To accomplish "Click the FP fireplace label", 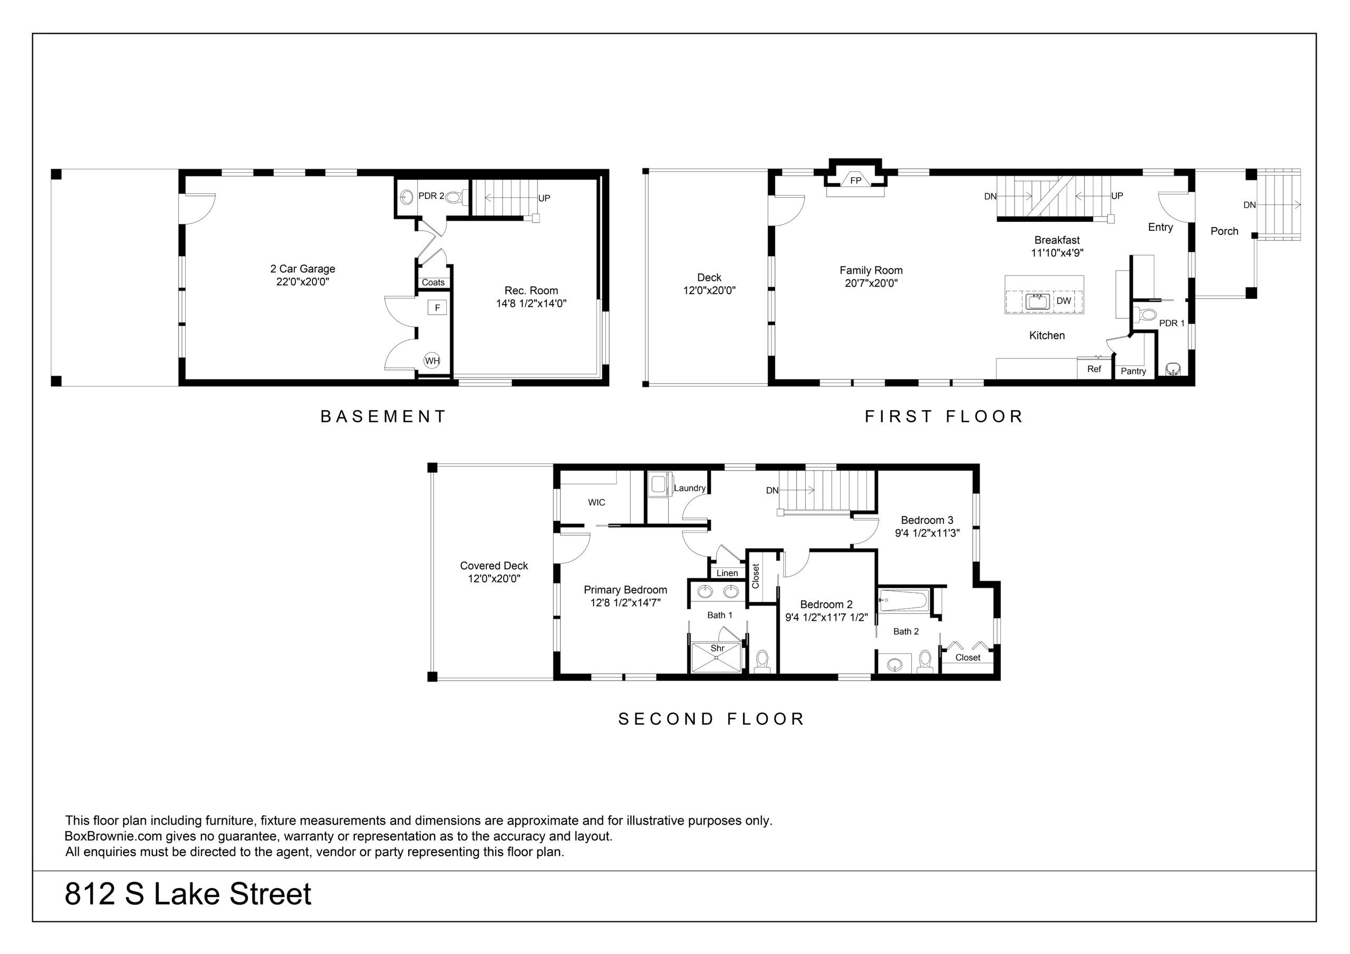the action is [855, 180].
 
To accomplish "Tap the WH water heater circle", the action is [432, 361].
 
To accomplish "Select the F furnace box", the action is [438, 307].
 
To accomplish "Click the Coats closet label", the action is [433, 283].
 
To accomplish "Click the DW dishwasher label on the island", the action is [1064, 301].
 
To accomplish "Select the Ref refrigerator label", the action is [1094, 369].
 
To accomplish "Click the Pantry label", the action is [1133, 371].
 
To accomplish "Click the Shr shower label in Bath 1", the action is [717, 648].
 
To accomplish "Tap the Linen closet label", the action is [727, 573].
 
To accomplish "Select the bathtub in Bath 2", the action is [903, 600].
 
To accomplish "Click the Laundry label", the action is [690, 488].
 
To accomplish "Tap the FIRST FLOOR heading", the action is [944, 417].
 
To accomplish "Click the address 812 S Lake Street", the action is [188, 894].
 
